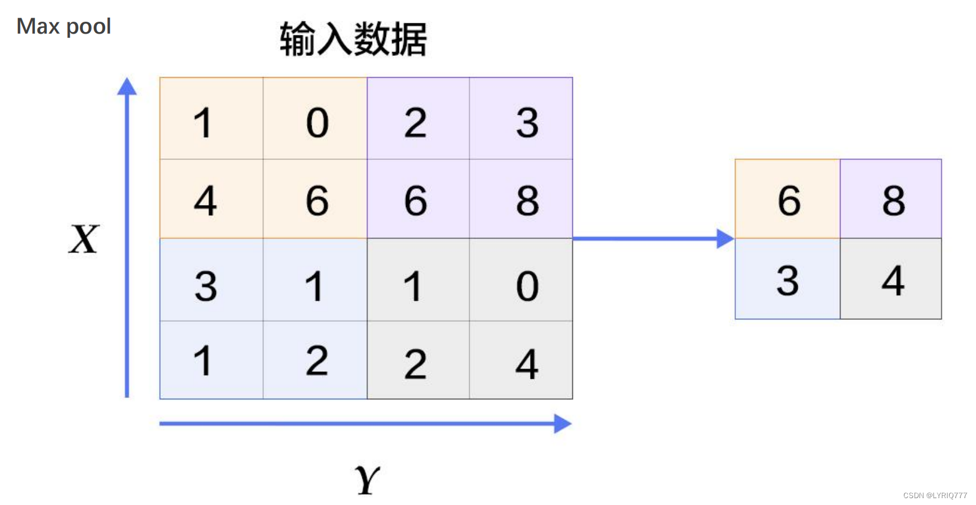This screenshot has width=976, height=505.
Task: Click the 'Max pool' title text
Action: coord(63,26)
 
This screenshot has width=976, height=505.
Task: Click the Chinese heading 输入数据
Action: coord(353,39)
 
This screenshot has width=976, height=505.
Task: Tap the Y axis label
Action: coord(367,480)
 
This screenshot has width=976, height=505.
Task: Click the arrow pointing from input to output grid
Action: coord(652,239)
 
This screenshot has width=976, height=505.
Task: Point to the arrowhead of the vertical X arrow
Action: coord(127,86)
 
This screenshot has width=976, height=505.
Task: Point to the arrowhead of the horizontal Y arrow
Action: coord(563,424)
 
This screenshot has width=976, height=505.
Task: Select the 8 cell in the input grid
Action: coord(527,201)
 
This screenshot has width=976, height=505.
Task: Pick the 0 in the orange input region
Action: coord(317,122)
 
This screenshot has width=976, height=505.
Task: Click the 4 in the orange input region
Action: coord(205,201)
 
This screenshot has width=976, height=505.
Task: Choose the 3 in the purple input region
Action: coord(527,122)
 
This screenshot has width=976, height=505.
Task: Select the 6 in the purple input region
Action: coord(416,201)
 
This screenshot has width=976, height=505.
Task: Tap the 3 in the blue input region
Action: coord(205,286)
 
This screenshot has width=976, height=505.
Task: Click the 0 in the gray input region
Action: coord(527,286)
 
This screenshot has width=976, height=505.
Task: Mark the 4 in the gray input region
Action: coord(527,364)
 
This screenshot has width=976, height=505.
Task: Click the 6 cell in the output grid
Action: coord(788,201)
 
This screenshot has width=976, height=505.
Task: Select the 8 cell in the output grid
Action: coord(893,201)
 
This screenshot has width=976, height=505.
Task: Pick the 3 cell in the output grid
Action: coord(787,280)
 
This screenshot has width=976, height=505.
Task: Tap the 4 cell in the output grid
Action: coord(893,280)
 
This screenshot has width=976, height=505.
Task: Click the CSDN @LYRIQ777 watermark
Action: coord(935,495)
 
